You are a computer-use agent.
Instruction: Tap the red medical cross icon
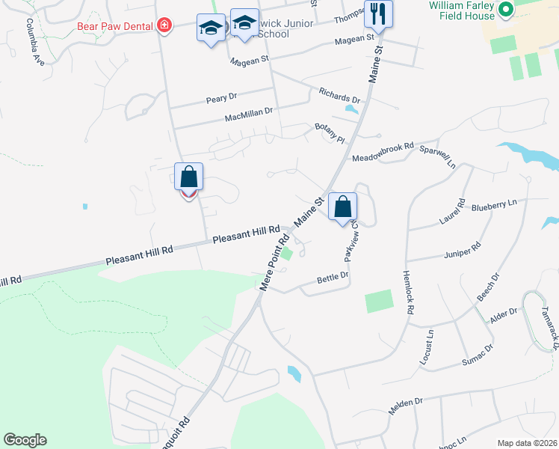point(164,26)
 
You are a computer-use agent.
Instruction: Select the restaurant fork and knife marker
point(378,14)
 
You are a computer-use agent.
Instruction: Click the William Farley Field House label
point(462,10)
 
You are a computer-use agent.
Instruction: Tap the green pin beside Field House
point(505,10)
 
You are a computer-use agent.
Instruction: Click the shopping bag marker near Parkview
point(342,207)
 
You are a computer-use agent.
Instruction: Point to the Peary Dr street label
point(221,97)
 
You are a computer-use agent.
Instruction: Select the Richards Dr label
point(339,97)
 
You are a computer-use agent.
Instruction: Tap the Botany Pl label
point(330,133)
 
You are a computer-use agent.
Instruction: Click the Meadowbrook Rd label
point(382,151)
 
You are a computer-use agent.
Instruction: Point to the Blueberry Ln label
point(492,204)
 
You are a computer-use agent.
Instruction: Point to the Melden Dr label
point(406,406)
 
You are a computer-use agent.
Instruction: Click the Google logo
point(25,440)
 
